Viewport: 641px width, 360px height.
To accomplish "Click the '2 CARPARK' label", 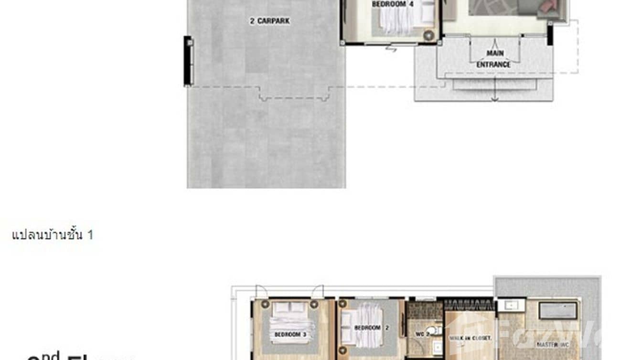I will (x=270, y=21).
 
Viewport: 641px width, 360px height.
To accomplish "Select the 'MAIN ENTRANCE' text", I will (x=493, y=59).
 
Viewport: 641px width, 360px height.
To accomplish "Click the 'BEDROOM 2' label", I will (x=367, y=328).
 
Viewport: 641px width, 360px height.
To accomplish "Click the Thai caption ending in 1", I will (x=53, y=235).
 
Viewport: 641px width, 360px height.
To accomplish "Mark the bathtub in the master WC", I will (x=558, y=310).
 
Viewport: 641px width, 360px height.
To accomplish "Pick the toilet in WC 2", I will (x=433, y=331).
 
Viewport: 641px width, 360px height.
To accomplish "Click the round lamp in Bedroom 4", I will (x=428, y=35).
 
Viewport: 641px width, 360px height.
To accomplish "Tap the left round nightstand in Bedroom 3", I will (x=265, y=304).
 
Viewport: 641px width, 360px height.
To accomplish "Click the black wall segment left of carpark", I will (x=188, y=61).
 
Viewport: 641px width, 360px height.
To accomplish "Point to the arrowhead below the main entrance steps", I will (x=495, y=99).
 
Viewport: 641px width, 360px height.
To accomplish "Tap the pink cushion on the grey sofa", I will (x=545, y=5).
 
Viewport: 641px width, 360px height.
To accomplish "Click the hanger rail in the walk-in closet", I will (x=469, y=304).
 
